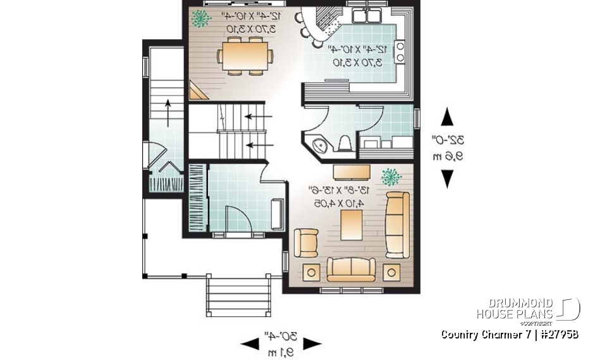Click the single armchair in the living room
tap(307, 242)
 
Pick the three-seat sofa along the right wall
tap(398, 224)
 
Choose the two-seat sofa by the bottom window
tap(350, 269)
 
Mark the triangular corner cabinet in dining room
tap(197, 91)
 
